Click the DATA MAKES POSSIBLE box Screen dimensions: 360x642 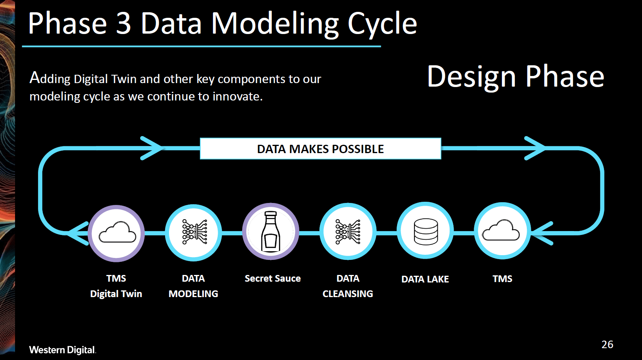(x=320, y=149)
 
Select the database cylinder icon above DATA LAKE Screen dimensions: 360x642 (x=425, y=231)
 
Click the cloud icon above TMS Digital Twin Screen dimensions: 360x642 (x=117, y=233)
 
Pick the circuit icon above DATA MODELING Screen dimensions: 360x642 (x=194, y=232)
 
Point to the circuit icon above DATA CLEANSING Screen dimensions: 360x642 (x=348, y=231)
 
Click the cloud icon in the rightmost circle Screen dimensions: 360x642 (x=501, y=231)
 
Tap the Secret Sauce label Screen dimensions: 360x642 (x=272, y=279)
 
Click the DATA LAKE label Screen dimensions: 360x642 (x=425, y=279)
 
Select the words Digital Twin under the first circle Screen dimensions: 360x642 (x=116, y=294)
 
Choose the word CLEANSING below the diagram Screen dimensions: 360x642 (x=348, y=294)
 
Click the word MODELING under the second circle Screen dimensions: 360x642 (x=193, y=294)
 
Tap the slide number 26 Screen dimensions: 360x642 (x=607, y=345)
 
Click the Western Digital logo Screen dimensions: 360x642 (x=62, y=350)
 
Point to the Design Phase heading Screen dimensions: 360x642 (x=515, y=76)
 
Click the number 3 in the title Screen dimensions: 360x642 (x=123, y=24)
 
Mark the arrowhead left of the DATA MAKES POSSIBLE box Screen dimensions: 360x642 (x=152, y=148)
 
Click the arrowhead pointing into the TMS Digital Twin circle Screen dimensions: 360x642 (x=78, y=233)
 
